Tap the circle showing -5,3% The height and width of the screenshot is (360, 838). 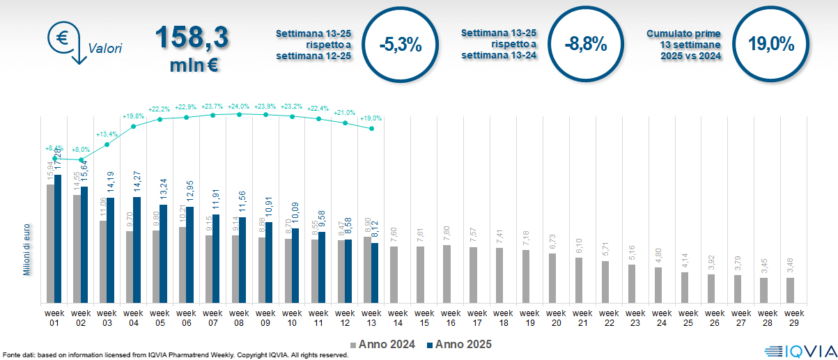(401, 45)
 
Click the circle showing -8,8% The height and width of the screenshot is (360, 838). (586, 45)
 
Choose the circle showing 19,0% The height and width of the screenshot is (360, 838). (771, 45)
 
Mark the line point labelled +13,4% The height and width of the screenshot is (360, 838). (107, 145)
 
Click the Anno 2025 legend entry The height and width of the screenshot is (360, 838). (459, 344)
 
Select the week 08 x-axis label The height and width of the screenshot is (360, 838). (240, 318)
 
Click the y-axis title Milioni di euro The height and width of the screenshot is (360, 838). (27, 249)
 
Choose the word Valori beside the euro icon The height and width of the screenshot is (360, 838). (105, 49)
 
